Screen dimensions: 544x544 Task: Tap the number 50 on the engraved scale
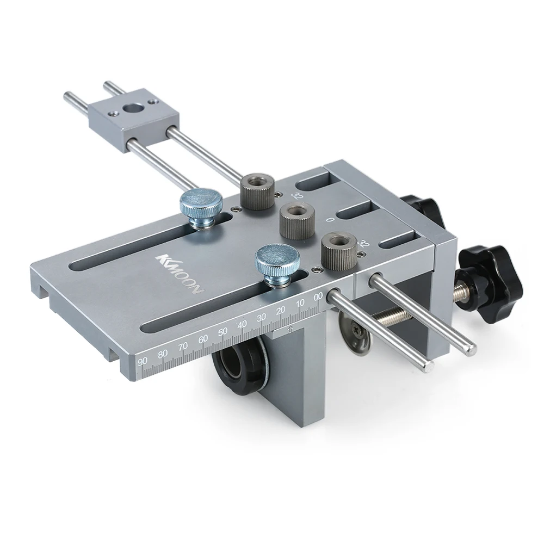tap(222, 331)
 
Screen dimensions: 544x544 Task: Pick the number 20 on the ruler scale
tap(281, 310)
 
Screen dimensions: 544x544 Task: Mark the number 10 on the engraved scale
tap(300, 303)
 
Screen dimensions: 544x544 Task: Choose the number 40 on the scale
tap(242, 324)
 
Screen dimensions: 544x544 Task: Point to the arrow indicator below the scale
tap(292, 329)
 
